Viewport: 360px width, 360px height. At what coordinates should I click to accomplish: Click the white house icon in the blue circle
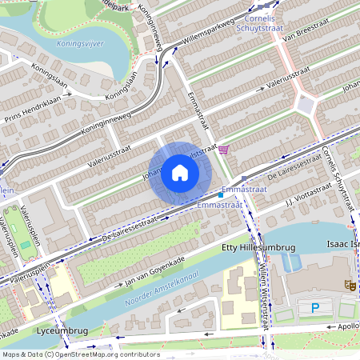(180, 173)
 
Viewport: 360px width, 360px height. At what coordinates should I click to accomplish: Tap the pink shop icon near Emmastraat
(223, 149)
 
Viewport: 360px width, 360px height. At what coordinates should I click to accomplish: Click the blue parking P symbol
(315, 307)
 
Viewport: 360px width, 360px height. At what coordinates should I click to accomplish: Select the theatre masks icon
(350, 284)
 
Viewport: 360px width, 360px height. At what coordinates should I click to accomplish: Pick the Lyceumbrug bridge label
(57, 330)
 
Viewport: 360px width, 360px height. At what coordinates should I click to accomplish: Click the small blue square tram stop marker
(221, 195)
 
